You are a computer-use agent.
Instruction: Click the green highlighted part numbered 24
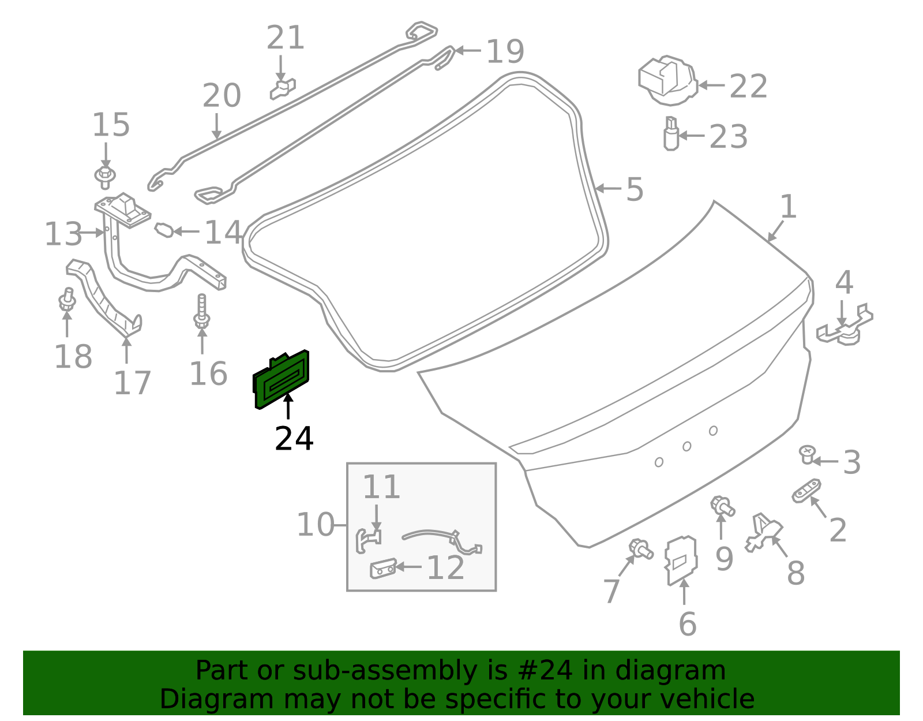tap(281, 380)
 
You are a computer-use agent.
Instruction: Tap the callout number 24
tap(294, 439)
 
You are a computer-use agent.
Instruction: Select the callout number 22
tap(748, 87)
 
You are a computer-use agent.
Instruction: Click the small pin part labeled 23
tap(670, 134)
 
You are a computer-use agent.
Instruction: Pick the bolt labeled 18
tap(67, 301)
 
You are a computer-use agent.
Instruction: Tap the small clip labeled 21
tap(283, 89)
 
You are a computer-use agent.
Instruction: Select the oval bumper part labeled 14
tap(163, 230)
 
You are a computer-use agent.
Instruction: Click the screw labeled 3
tap(807, 454)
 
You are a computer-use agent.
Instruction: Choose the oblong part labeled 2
tap(806, 491)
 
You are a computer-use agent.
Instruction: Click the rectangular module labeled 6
tap(681, 561)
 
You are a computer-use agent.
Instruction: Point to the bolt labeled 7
tap(640, 548)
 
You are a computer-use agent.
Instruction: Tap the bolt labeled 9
tap(722, 506)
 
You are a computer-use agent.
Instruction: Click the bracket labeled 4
tap(845, 328)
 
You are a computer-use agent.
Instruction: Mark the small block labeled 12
tap(382, 569)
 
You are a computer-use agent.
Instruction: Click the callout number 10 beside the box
tap(315, 525)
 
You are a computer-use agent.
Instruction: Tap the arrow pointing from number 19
tap(468, 51)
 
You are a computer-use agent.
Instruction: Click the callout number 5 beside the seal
tap(635, 189)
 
